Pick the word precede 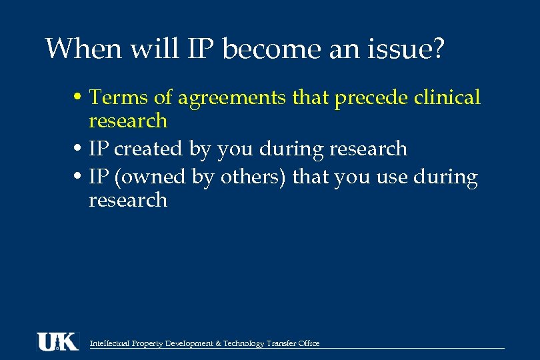(371, 99)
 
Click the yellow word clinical (447, 97)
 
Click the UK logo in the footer (57, 341)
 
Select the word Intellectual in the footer (110, 343)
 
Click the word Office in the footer (309, 343)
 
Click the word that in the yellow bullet (311, 97)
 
